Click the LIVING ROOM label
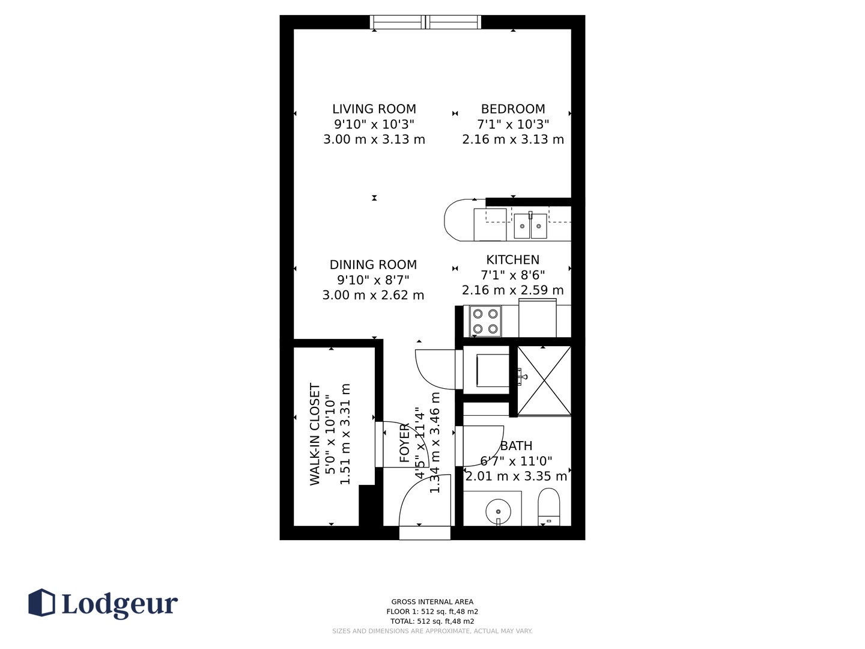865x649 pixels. [x=374, y=109]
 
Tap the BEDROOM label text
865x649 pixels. [x=513, y=109]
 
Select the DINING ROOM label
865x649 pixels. [x=373, y=264]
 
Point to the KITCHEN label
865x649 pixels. [x=512, y=260]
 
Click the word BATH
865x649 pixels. [x=516, y=446]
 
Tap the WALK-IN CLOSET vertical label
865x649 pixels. [x=315, y=434]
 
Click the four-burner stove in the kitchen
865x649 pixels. [x=485, y=321]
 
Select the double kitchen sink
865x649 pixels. [x=530, y=225]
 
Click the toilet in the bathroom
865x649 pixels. [x=548, y=507]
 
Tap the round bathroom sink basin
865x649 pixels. [x=498, y=511]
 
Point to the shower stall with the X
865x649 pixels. [x=544, y=380]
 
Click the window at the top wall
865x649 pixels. [x=425, y=22]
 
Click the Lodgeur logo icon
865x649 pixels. [x=41, y=603]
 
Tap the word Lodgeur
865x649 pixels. [x=120, y=604]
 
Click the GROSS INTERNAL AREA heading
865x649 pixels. [x=432, y=602]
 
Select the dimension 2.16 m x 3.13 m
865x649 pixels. [x=513, y=139]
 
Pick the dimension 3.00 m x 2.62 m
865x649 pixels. [x=373, y=295]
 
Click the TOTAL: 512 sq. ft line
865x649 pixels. [x=432, y=621]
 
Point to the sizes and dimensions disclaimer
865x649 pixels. [x=432, y=631]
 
